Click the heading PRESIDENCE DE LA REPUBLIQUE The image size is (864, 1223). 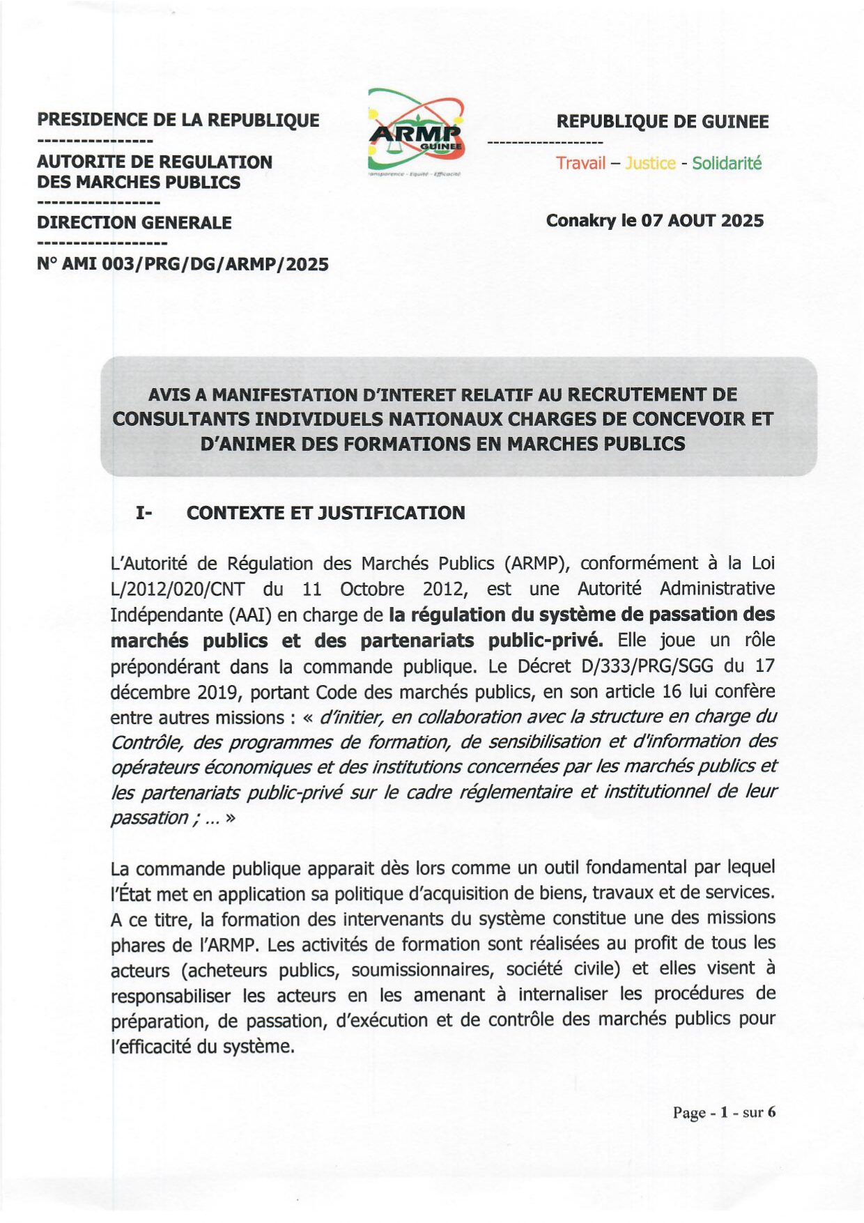coord(178,120)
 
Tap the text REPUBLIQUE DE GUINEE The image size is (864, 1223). coord(662,121)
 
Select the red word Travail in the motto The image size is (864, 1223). coord(580,163)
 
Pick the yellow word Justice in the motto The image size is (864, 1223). coord(650,163)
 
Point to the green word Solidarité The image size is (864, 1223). coord(727,163)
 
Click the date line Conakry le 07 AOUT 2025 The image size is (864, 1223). coord(655,221)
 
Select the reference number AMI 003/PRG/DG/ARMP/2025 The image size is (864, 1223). coord(195,264)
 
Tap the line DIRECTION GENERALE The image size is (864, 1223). coord(134,223)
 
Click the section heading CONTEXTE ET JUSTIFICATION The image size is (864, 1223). coord(325,513)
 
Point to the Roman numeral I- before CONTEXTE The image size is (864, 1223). coord(144,513)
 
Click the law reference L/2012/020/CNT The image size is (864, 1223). coord(178,590)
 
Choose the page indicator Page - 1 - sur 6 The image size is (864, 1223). coord(724,1112)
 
